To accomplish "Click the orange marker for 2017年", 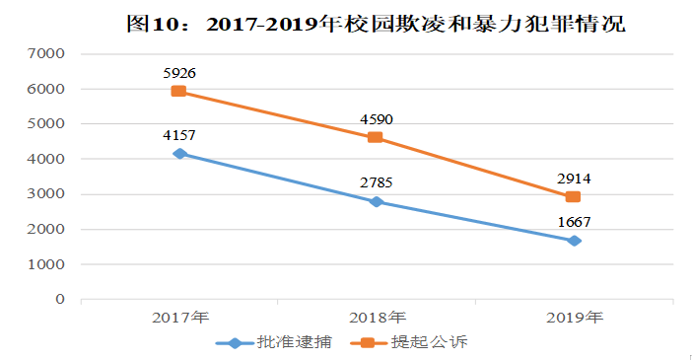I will point(178,91).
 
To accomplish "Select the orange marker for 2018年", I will point(376,137).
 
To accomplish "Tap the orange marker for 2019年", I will point(573,196).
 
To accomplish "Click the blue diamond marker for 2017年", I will point(178,153).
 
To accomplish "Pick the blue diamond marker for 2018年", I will point(376,201).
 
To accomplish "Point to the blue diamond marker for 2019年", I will point(573,241).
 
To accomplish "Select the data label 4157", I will point(179,134).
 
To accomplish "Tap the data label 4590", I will point(376,118).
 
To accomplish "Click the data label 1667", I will point(573,222).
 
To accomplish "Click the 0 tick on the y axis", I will point(61,300).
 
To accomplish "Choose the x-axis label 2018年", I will point(376,318).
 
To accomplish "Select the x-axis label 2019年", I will point(573,318).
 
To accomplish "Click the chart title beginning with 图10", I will point(376,24).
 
